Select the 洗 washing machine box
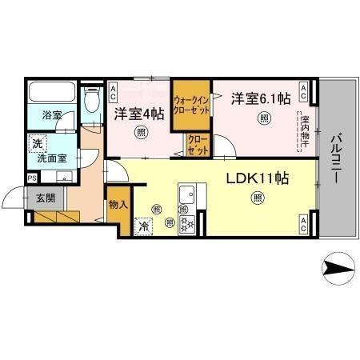[x=37, y=144]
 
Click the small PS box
[x=32, y=178]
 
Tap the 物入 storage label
[x=118, y=205]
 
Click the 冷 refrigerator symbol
[x=143, y=226]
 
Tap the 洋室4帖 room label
[x=138, y=114]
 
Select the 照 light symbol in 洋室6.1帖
[x=263, y=119]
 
